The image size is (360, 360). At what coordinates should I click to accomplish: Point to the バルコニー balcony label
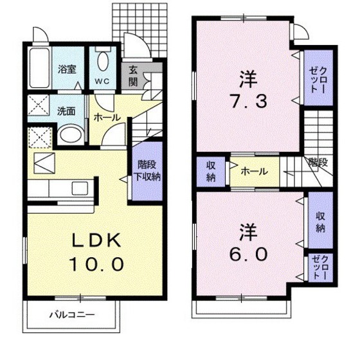pyautogui.click(x=72, y=315)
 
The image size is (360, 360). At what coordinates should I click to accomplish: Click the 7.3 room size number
pyautogui.click(x=248, y=101)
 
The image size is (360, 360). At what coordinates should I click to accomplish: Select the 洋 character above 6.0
pyautogui.click(x=248, y=230)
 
